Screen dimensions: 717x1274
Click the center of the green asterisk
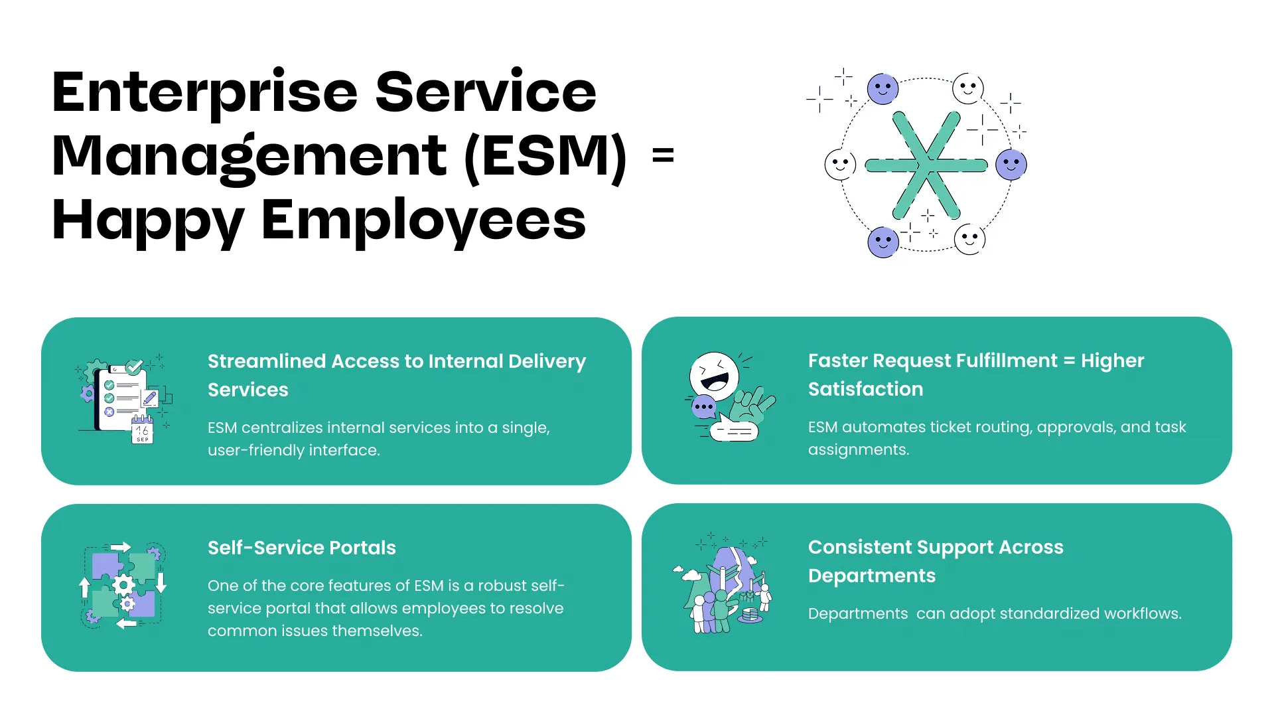(926, 165)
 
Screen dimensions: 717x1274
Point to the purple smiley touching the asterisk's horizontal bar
(1011, 165)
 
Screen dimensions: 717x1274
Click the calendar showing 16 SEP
(142, 431)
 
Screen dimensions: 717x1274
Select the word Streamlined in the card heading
(267, 361)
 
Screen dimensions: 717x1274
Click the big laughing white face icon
(714, 376)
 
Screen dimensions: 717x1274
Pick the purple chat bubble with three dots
(703, 406)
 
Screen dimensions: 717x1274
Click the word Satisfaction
(865, 389)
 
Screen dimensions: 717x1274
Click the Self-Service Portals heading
(301, 548)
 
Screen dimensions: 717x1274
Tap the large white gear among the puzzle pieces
(123, 585)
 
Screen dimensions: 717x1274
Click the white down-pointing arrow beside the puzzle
(161, 582)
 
